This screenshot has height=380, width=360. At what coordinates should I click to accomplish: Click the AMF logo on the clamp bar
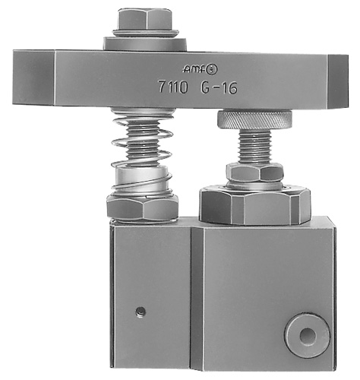(200, 69)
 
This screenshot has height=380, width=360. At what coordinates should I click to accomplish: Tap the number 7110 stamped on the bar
(173, 87)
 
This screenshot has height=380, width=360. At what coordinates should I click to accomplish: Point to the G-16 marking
(219, 87)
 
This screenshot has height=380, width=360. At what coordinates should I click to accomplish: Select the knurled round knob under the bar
(254, 119)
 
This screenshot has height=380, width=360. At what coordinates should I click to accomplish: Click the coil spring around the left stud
(142, 152)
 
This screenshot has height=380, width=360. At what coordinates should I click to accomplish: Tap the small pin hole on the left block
(141, 311)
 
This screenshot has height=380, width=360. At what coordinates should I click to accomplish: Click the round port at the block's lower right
(308, 336)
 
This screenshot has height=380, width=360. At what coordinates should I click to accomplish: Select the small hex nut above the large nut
(254, 173)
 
